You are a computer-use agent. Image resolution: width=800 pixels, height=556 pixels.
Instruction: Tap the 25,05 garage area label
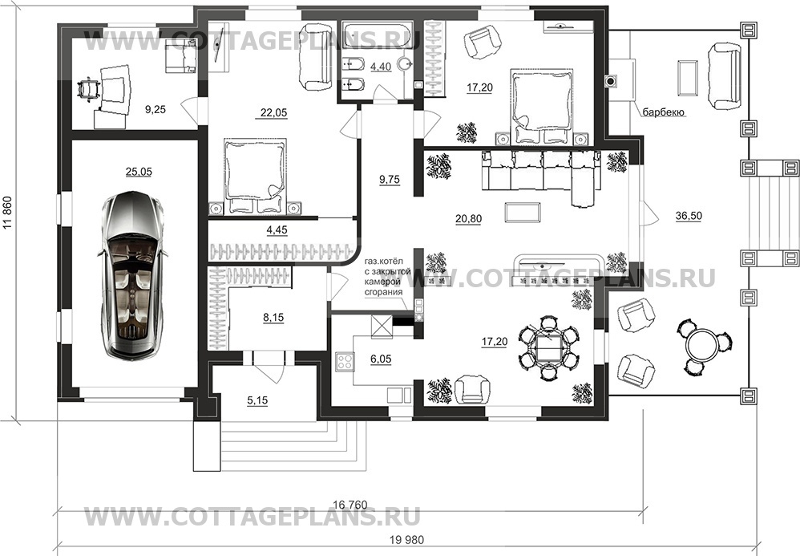[138, 170]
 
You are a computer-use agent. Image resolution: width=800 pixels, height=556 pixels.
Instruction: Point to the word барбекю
[662, 113]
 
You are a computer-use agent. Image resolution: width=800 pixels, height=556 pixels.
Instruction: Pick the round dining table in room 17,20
[547, 347]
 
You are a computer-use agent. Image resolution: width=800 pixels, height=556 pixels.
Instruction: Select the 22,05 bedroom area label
[273, 113]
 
